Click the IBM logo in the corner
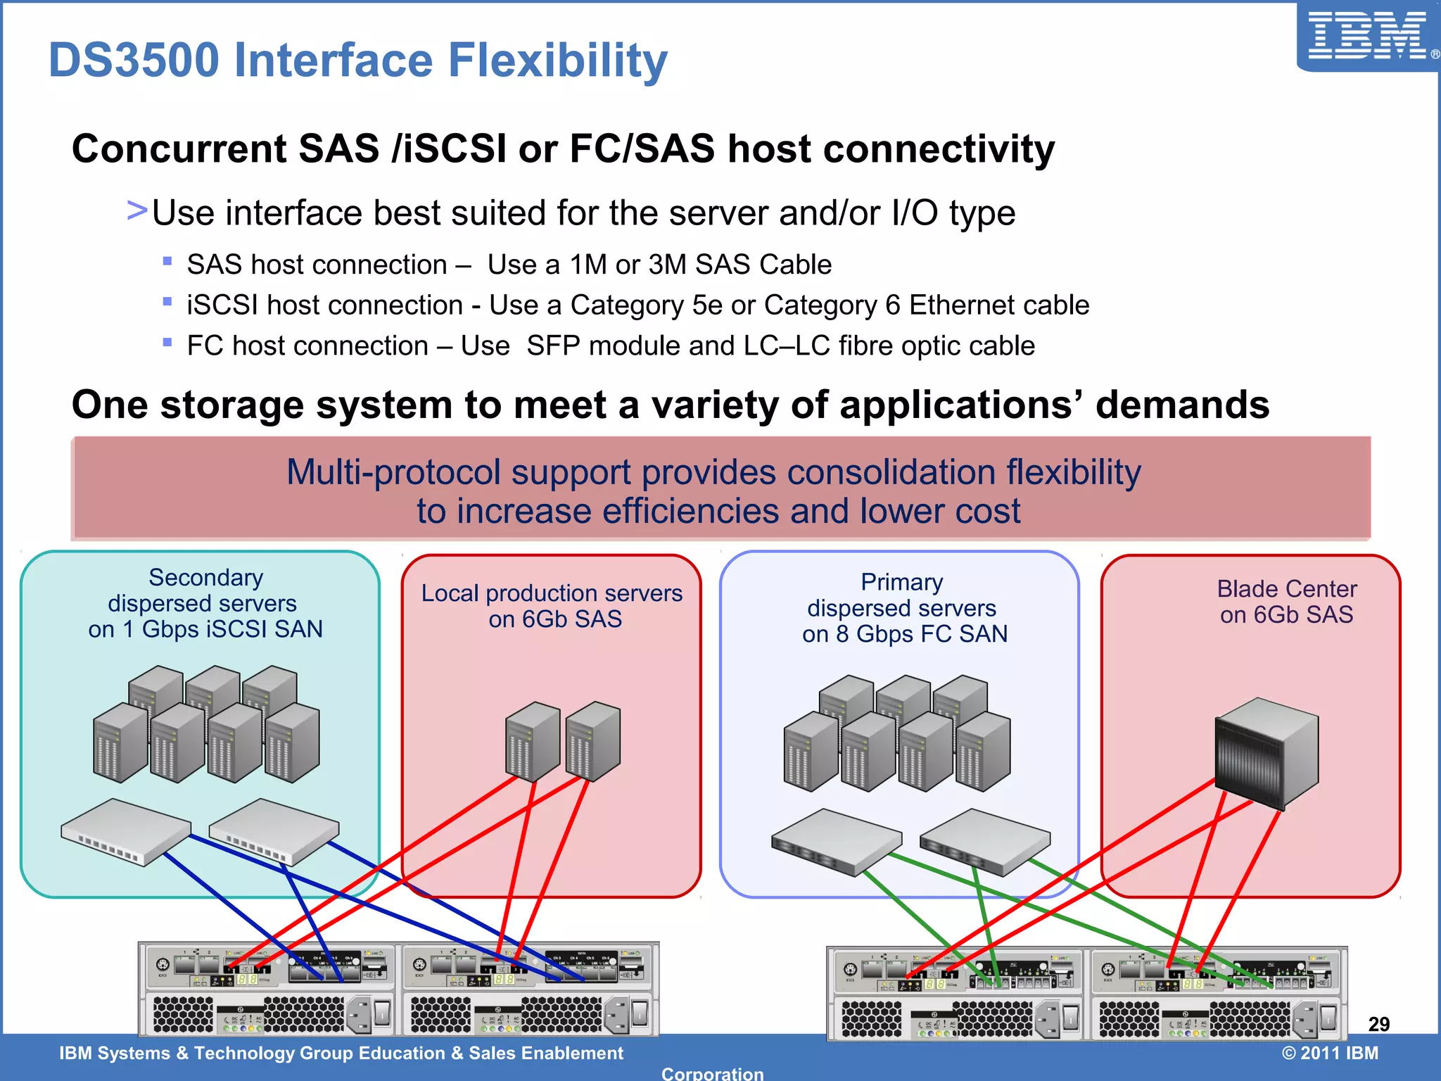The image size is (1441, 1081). (1367, 37)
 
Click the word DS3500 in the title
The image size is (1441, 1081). (134, 61)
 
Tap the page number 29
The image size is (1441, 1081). (1378, 1024)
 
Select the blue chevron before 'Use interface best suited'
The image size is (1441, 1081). (137, 210)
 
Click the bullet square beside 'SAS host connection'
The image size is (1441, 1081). (167, 261)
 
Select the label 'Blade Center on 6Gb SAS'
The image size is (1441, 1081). (1286, 602)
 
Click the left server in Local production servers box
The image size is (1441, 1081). (533, 741)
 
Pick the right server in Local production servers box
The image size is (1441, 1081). (593, 741)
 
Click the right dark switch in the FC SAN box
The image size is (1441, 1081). (984, 842)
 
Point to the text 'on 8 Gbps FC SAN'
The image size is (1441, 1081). (905, 634)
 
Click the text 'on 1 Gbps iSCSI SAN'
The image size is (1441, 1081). (205, 629)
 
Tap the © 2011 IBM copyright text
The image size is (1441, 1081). (1330, 1053)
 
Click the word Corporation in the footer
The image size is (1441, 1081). (712, 1073)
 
